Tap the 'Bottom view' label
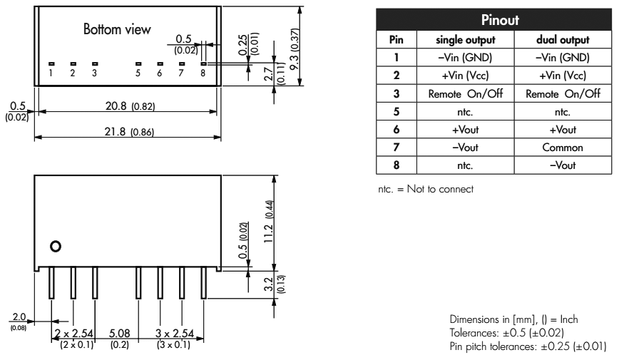118,31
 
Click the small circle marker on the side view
54,247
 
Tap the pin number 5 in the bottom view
138,73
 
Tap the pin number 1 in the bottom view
51,73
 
